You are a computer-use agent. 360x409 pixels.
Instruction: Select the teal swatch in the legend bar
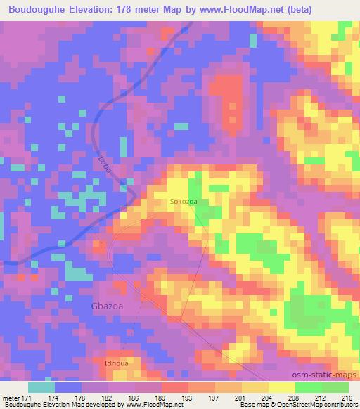[x=41, y=387]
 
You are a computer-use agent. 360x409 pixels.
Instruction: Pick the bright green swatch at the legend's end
[x=335, y=387]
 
